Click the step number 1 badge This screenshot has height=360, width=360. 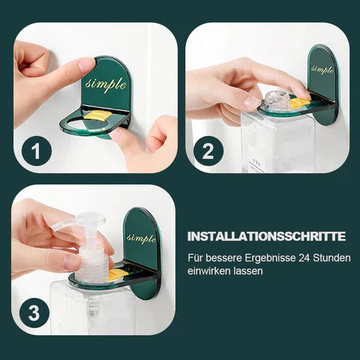(x=35, y=152)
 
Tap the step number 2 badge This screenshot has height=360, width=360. (x=208, y=152)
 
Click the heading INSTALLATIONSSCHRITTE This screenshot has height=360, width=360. (x=265, y=236)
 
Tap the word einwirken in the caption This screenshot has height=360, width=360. (x=208, y=271)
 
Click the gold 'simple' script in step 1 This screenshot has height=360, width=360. (x=105, y=83)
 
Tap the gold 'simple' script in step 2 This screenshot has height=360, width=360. (x=322, y=70)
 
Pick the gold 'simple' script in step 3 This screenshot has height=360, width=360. (x=141, y=238)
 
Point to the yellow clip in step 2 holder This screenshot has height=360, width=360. (x=299, y=102)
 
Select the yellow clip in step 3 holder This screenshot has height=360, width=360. (x=117, y=274)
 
